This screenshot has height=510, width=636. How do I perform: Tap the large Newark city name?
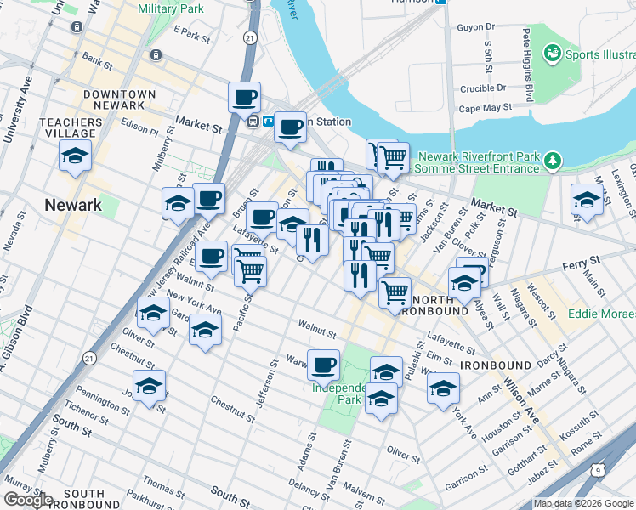click(x=73, y=205)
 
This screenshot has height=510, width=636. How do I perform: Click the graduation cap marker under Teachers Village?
click(x=75, y=156)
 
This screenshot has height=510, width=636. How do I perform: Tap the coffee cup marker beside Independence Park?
click(x=323, y=365)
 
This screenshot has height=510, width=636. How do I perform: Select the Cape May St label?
click(x=485, y=108)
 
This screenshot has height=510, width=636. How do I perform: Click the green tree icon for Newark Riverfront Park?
click(x=554, y=159)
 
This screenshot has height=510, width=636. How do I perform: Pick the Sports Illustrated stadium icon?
click(x=554, y=54)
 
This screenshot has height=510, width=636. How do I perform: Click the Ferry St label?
click(x=581, y=267)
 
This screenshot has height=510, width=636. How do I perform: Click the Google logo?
click(x=28, y=500)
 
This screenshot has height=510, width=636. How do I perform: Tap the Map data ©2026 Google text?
click(x=583, y=503)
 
